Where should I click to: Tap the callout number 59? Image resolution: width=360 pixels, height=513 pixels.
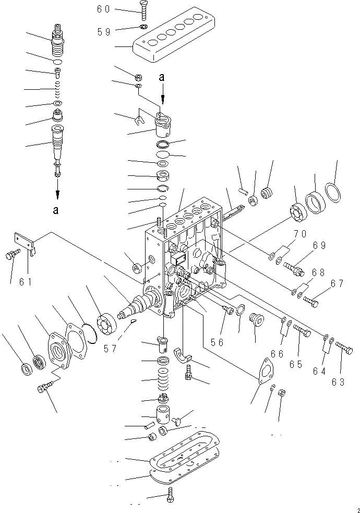click(104, 31)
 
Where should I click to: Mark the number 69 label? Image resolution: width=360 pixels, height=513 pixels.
click(319, 245)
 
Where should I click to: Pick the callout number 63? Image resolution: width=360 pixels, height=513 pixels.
click(338, 382)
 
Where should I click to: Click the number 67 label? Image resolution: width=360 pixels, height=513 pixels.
click(338, 284)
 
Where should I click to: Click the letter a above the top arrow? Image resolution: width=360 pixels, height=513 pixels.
click(162, 77)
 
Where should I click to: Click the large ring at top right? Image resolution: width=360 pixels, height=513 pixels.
click(334, 192)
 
